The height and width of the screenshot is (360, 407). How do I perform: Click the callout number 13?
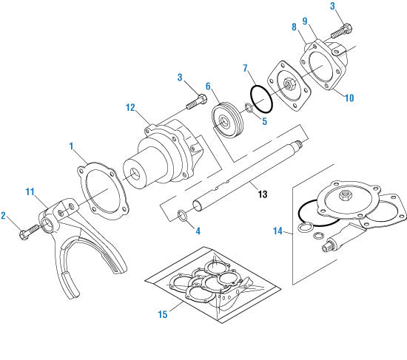[x=263, y=194]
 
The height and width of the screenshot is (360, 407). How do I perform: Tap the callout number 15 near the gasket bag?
[x=163, y=314]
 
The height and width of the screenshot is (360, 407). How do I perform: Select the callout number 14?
[x=277, y=231]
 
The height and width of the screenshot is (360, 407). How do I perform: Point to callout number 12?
[x=130, y=107]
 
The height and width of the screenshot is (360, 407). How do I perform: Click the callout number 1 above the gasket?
[x=71, y=146]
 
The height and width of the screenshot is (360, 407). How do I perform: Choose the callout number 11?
[x=30, y=192]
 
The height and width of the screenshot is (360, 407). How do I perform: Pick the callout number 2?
[x=3, y=215]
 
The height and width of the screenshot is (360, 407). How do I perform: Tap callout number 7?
[x=246, y=68]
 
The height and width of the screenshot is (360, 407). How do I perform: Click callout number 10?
[x=349, y=98]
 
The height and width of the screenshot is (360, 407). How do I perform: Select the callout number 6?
[x=208, y=86]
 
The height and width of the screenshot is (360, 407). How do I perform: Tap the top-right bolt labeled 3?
[x=342, y=31]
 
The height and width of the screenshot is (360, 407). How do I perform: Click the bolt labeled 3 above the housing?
[x=197, y=102]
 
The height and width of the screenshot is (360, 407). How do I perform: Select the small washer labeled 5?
[x=249, y=108]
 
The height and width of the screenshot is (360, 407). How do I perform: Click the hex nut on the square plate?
[x=289, y=84]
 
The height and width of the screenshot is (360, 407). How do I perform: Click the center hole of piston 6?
[x=223, y=121]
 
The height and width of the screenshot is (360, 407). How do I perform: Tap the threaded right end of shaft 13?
[x=299, y=143]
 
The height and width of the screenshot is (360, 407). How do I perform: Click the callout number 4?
[x=198, y=231]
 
